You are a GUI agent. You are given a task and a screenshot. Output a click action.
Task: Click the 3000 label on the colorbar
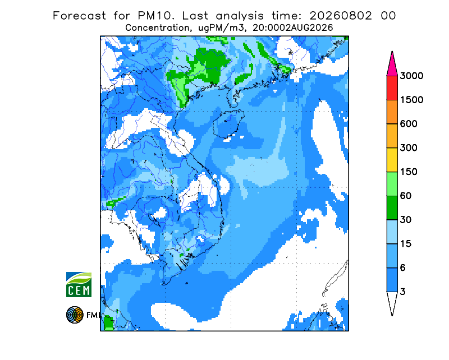[411, 76]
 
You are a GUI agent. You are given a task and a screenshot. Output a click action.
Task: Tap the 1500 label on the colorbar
[411, 100]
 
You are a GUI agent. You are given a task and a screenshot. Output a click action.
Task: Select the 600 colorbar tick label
[409, 124]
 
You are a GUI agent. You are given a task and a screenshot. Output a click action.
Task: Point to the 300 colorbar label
[409, 148]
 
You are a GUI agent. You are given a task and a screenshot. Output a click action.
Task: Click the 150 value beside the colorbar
[409, 172]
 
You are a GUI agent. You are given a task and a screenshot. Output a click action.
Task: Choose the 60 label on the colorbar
[406, 196]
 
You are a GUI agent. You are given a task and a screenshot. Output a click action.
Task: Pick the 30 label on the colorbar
[406, 220]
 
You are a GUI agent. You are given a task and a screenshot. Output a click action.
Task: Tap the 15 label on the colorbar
[406, 244]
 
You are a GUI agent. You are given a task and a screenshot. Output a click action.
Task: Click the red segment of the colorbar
[392, 88]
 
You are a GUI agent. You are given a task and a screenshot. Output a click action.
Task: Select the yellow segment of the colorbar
[392, 160]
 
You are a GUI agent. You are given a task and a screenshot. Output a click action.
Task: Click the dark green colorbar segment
[392, 208]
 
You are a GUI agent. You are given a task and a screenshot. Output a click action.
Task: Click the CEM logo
[79, 284]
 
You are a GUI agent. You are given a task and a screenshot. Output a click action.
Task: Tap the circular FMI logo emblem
[75, 315]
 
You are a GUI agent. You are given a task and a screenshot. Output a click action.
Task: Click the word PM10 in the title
[155, 16]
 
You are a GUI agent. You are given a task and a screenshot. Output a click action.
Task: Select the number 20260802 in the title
[341, 16]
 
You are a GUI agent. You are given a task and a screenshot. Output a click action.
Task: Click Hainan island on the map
[228, 123]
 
